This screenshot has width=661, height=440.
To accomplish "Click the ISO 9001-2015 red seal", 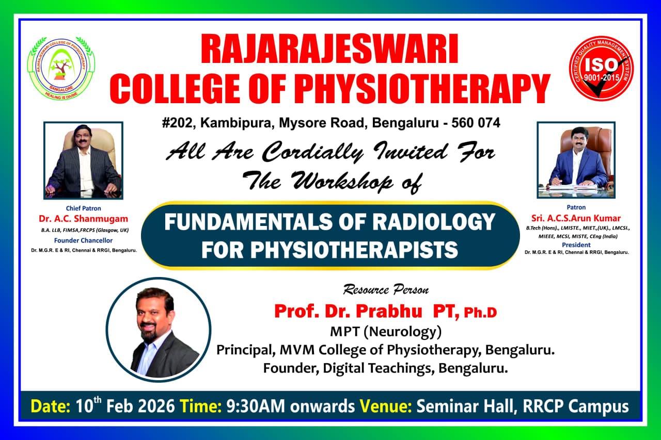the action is pyautogui.click(x=601, y=69).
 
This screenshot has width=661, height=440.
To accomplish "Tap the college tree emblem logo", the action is pyautogui.click(x=61, y=69).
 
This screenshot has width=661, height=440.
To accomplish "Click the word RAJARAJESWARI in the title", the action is pyautogui.click(x=329, y=49).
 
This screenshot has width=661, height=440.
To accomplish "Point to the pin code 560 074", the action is pyautogui.click(x=476, y=123).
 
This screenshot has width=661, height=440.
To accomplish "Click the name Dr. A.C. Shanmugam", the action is pyautogui.click(x=84, y=219).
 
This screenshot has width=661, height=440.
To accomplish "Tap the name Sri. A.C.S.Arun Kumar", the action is pyautogui.click(x=576, y=218).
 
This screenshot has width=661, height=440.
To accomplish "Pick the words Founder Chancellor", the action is pyautogui.click(x=83, y=240).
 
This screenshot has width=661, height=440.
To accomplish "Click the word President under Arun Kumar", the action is pyautogui.click(x=576, y=245).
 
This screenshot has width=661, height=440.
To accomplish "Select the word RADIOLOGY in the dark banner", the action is pyautogui.click(x=434, y=222).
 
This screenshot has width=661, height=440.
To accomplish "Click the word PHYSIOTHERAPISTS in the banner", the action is pyautogui.click(x=354, y=250).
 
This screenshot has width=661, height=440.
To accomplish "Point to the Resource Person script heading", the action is pyautogui.click(x=386, y=290).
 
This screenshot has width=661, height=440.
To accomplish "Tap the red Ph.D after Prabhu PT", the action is pyautogui.click(x=480, y=313).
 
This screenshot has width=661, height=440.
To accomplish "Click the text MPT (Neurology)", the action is pyautogui.click(x=386, y=332).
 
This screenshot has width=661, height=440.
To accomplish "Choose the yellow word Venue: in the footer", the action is pyautogui.click(x=386, y=406).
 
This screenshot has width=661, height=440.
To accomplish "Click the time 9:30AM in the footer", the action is pyautogui.click(x=256, y=406).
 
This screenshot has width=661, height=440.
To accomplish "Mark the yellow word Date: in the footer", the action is pyautogui.click(x=51, y=406).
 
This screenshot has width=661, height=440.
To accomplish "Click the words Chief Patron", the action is pyautogui.click(x=83, y=208).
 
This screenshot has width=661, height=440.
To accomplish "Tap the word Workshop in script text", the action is pyautogui.click(x=342, y=182).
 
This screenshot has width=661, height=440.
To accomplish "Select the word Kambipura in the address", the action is pyautogui.click(x=236, y=123).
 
